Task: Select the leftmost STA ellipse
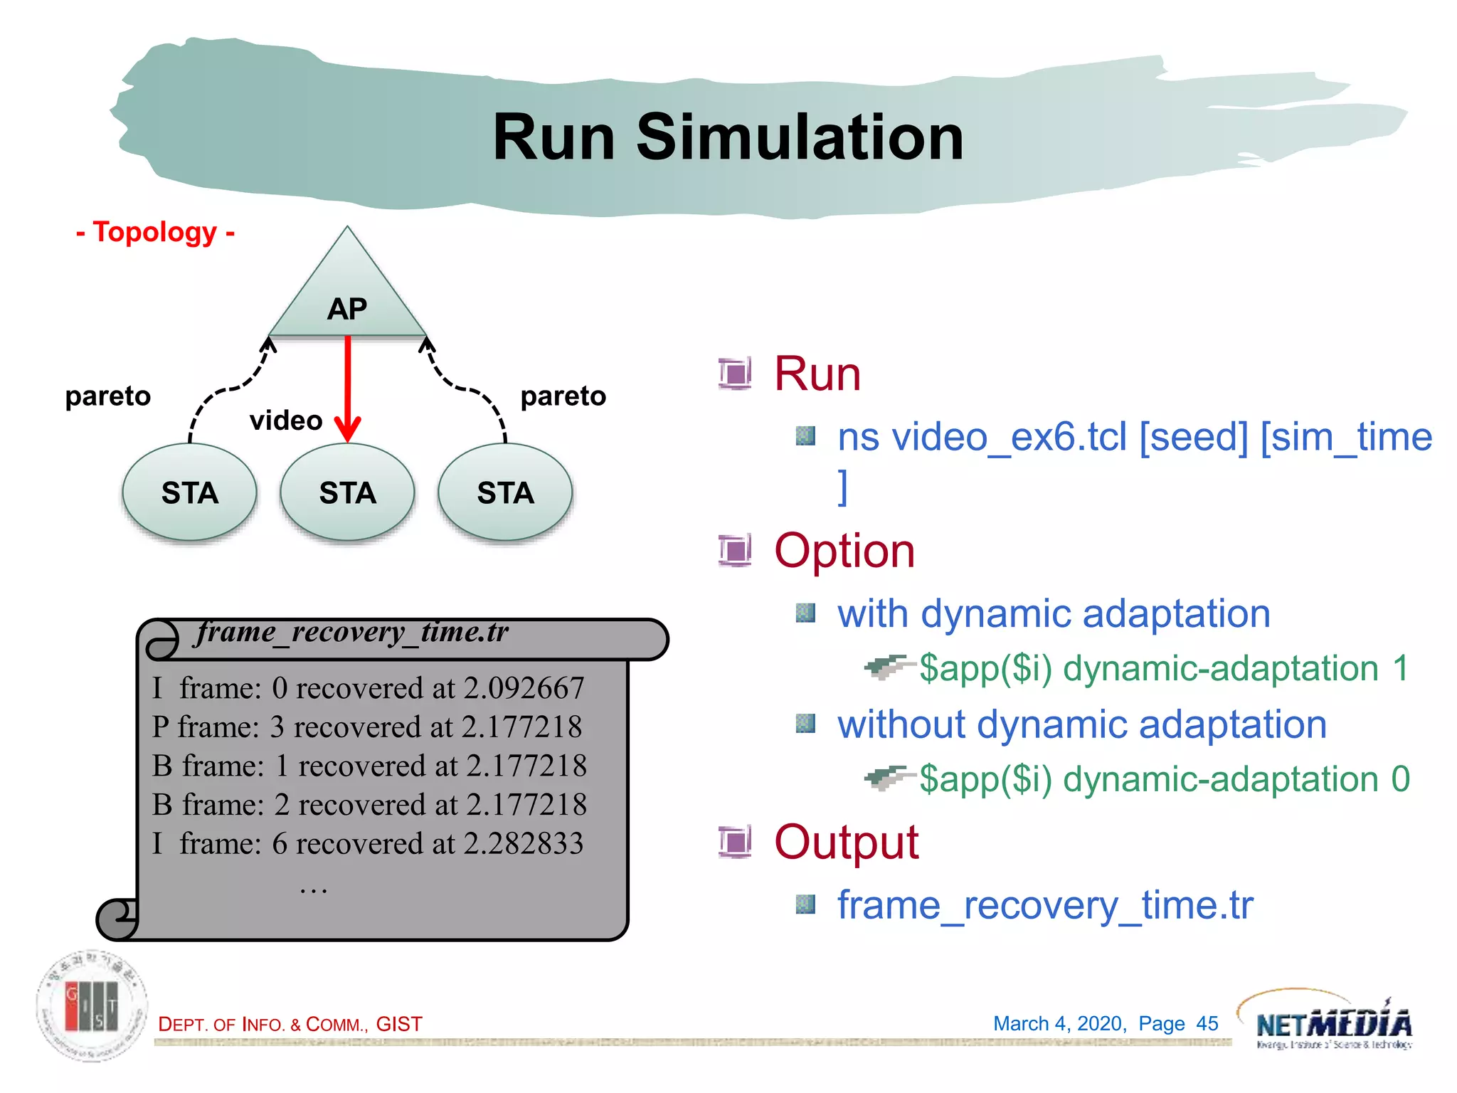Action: (x=189, y=492)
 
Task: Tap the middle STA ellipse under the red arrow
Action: (x=347, y=492)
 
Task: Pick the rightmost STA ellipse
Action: (x=505, y=492)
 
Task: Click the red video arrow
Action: (x=348, y=388)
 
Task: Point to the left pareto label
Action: (x=108, y=396)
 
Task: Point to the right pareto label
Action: (x=563, y=396)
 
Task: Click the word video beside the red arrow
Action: (x=286, y=421)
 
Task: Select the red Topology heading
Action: (x=155, y=232)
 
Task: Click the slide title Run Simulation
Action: (x=728, y=137)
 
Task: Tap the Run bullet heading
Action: (x=817, y=374)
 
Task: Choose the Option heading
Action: (x=844, y=551)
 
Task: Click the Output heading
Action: (x=846, y=842)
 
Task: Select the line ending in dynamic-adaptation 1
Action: (x=1162, y=669)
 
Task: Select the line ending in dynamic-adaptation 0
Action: (x=1164, y=779)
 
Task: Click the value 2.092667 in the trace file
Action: (x=524, y=688)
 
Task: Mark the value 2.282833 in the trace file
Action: (x=524, y=843)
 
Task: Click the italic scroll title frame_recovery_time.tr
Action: (x=353, y=632)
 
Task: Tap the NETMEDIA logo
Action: (x=1333, y=1023)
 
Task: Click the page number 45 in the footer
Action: (x=1207, y=1023)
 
